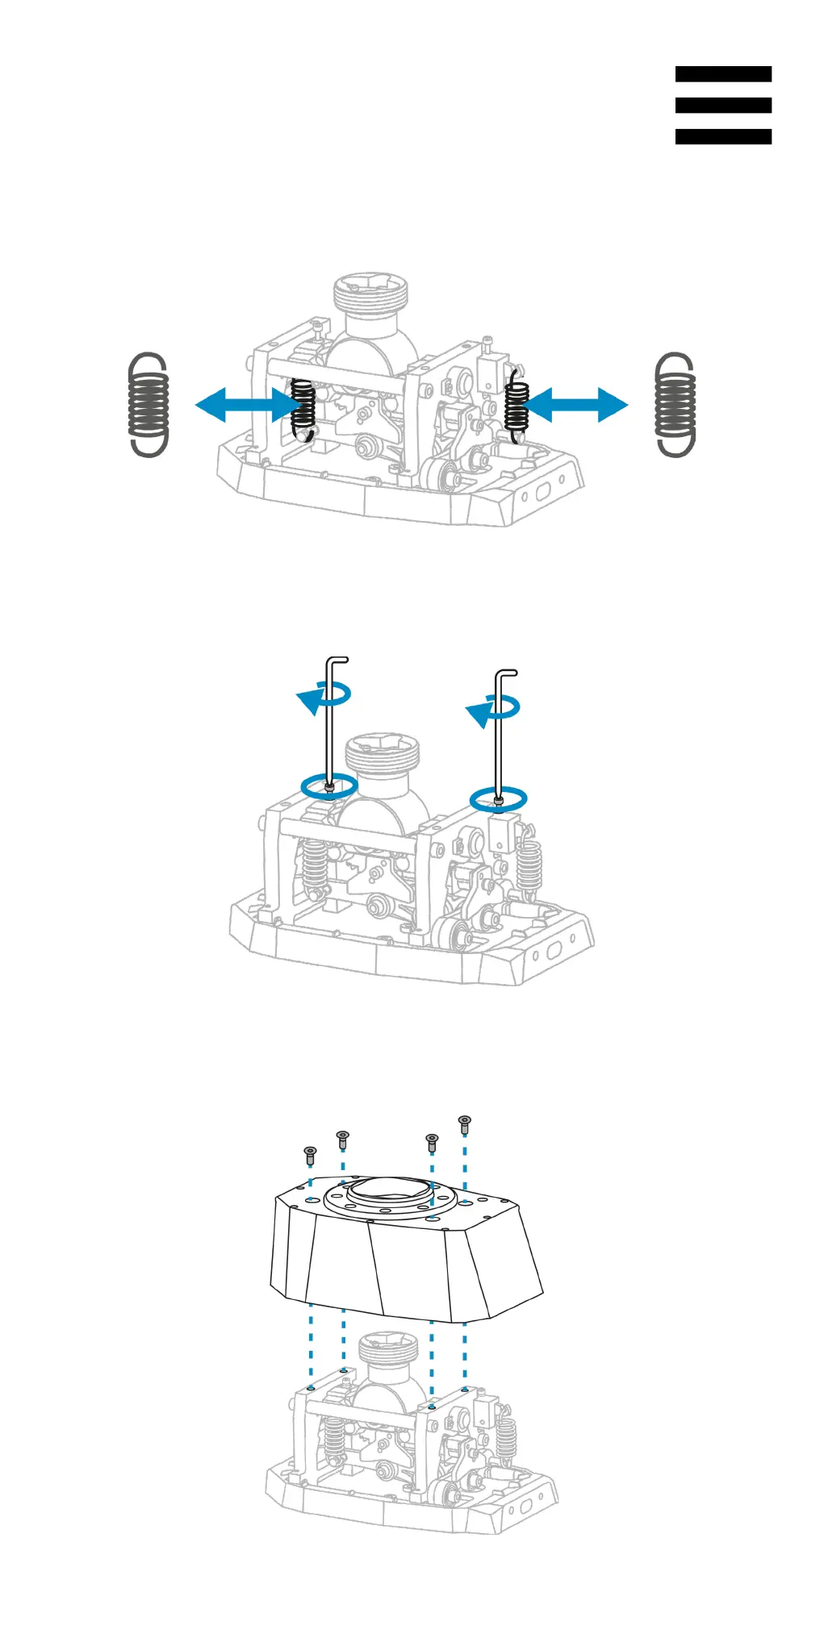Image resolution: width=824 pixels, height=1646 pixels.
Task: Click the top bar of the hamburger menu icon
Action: point(723,74)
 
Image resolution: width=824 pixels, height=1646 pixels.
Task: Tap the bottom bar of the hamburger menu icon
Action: point(723,136)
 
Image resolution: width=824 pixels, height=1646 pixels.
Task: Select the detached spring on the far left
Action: point(148,405)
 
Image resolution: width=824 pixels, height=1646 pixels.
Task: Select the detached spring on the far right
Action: point(676,405)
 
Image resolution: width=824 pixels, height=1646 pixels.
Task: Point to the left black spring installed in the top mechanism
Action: point(303,407)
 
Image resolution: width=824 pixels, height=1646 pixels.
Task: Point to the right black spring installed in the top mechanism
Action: point(516,407)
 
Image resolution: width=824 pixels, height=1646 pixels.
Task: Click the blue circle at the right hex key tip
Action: point(499,799)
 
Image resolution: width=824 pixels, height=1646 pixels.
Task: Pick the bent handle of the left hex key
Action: point(337,660)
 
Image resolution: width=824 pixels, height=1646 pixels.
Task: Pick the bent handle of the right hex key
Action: point(506,673)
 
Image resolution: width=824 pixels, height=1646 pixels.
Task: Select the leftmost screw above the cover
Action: point(310,1155)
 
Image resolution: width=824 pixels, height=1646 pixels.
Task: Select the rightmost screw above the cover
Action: point(464,1124)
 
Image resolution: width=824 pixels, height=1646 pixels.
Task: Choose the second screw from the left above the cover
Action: point(343,1140)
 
